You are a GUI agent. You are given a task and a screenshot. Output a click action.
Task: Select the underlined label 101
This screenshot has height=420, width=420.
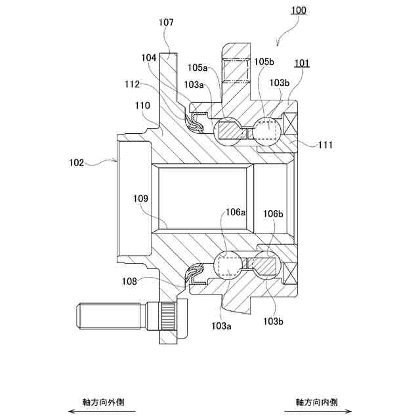click(x=302, y=63)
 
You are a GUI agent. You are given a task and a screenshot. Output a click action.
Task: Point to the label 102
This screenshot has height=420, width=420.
click(x=77, y=162)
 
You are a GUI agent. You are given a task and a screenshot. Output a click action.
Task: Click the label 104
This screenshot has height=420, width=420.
click(x=148, y=58)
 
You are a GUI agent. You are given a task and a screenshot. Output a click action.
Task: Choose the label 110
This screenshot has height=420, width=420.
click(x=142, y=105)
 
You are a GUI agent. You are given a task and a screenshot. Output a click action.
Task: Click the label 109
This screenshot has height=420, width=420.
click(x=140, y=198)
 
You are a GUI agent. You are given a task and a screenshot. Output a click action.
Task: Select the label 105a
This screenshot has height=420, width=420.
click(x=198, y=67)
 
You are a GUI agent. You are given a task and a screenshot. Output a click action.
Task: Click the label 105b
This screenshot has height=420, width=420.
click(x=264, y=61)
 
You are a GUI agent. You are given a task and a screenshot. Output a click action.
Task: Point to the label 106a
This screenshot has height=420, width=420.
click(x=236, y=213)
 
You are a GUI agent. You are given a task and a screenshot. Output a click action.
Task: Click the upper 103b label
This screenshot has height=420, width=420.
click(x=280, y=83)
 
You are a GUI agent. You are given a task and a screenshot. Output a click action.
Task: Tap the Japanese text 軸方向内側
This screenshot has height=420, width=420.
click(x=317, y=401)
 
